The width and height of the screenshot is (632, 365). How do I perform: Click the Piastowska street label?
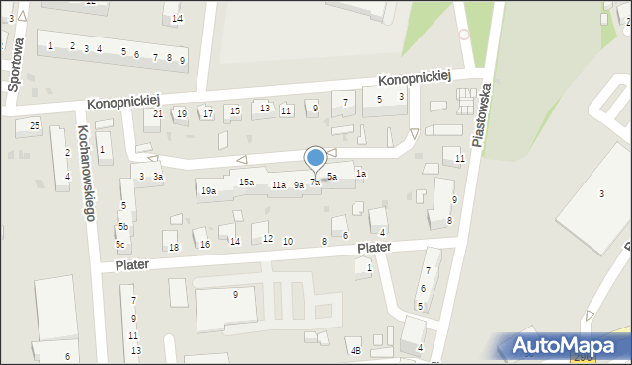click(x=483, y=114)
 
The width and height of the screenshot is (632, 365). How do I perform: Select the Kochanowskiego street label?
click(x=86, y=173)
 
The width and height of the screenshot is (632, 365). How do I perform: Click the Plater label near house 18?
click(x=137, y=265)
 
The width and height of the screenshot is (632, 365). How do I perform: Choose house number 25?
click(x=35, y=125)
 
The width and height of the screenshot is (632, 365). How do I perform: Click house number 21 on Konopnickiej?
click(x=158, y=114)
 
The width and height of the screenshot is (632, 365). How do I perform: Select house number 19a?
click(x=208, y=191)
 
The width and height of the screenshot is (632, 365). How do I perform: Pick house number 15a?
click(x=246, y=182)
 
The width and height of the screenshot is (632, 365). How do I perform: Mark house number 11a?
click(x=279, y=185)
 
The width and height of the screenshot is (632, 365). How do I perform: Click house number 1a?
click(x=361, y=174)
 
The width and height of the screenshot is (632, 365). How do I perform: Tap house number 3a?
click(x=157, y=177)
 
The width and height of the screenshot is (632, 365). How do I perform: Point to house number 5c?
click(x=121, y=244)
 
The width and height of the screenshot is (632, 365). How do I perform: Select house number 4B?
click(x=355, y=350)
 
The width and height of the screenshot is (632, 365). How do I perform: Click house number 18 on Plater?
click(x=174, y=247)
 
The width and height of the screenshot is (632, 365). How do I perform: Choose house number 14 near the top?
click(x=177, y=19)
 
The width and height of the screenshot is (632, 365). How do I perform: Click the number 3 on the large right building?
click(x=601, y=193)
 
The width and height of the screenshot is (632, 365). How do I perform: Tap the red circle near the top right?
click(x=464, y=34)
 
